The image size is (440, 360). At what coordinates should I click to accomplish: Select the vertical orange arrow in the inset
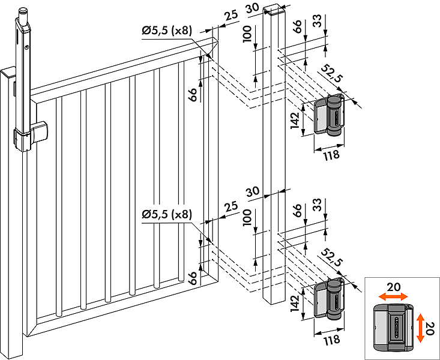click(420, 326)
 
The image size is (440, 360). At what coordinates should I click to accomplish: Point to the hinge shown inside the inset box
click(390, 327)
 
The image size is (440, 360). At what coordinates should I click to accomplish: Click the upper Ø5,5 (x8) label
click(167, 32)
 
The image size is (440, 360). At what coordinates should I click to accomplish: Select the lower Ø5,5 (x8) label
click(167, 214)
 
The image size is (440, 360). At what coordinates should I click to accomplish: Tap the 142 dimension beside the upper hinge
click(295, 119)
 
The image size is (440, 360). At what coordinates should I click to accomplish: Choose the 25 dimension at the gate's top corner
click(231, 16)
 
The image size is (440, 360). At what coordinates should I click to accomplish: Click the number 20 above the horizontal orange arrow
click(393, 287)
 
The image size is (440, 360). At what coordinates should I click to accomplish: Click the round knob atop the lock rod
click(23, 12)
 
